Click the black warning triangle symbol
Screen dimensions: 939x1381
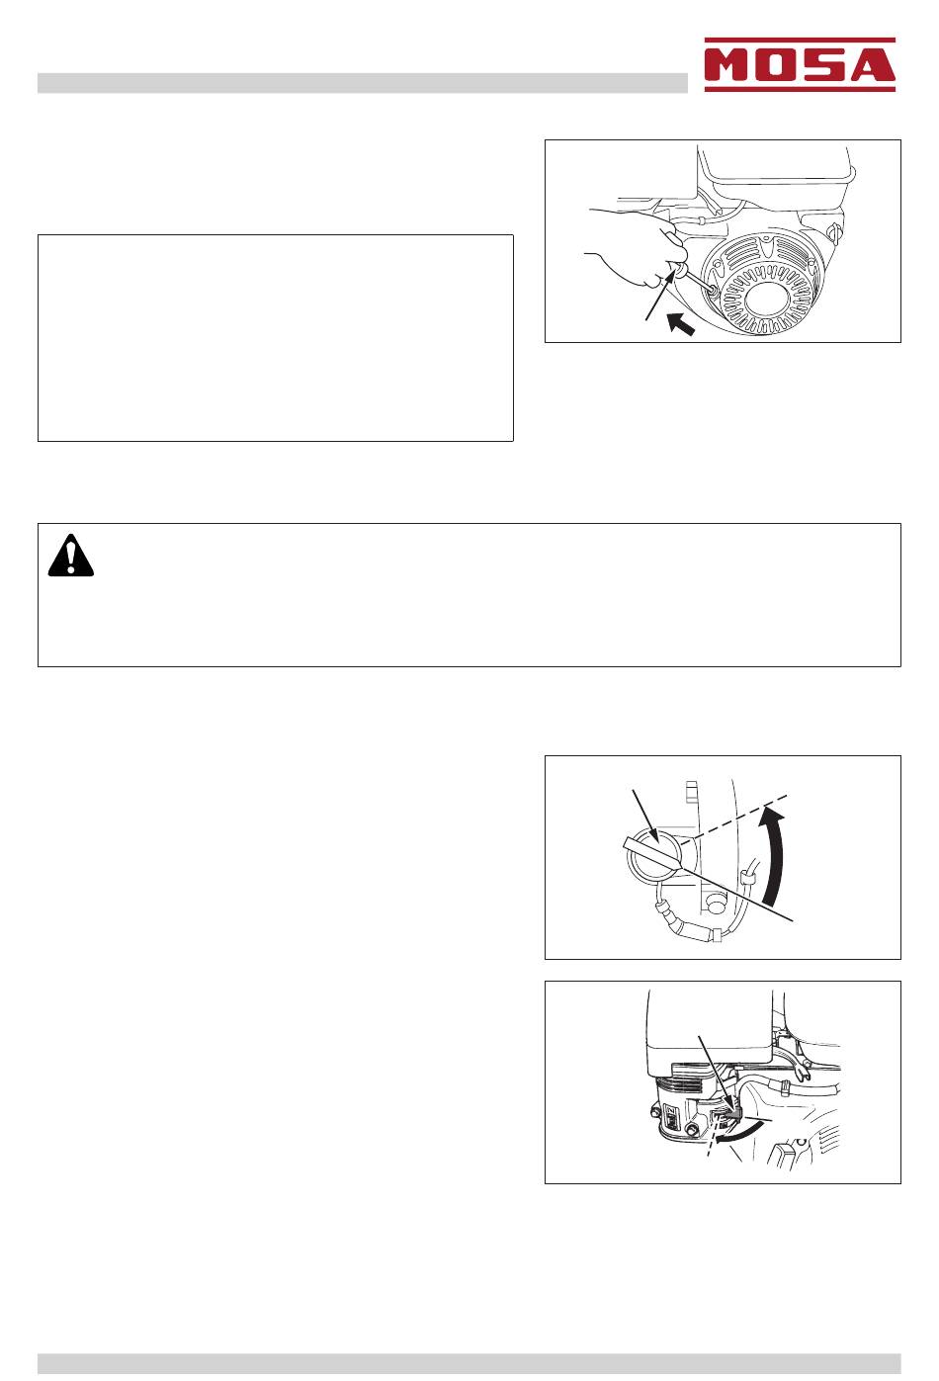(x=71, y=556)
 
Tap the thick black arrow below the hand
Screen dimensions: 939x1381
(x=681, y=323)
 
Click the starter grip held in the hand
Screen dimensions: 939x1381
(x=678, y=270)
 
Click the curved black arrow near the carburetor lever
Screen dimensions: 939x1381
(x=738, y=1136)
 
